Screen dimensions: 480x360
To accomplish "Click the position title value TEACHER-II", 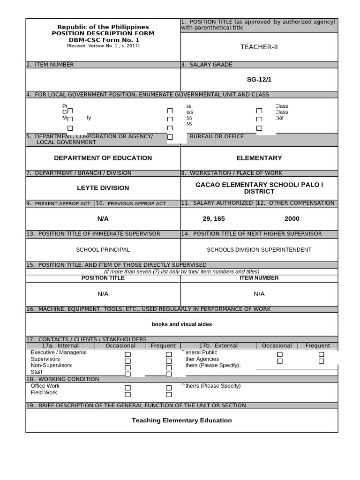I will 259,47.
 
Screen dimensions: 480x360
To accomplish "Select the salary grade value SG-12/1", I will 259,79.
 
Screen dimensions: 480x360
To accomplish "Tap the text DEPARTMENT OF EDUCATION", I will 103,158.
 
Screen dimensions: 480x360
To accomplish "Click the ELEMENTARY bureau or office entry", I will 259,158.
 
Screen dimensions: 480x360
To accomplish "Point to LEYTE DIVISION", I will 103,188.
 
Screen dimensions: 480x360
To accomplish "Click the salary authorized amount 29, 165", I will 213,218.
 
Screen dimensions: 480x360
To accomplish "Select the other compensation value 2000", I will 292,218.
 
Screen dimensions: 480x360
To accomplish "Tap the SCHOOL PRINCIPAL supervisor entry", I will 103,250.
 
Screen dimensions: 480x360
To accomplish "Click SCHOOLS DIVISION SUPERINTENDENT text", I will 259,250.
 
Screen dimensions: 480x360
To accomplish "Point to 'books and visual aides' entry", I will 181,324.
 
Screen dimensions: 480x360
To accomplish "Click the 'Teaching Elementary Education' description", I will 181,420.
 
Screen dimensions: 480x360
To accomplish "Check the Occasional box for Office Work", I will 127,388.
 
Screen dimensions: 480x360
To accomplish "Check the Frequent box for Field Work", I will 169,395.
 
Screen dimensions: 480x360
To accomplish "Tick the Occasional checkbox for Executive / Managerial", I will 127,355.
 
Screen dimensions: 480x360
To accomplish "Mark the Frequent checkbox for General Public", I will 321,354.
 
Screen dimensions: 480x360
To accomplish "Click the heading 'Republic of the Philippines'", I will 103,27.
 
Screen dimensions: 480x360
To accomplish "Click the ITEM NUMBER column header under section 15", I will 259,278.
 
